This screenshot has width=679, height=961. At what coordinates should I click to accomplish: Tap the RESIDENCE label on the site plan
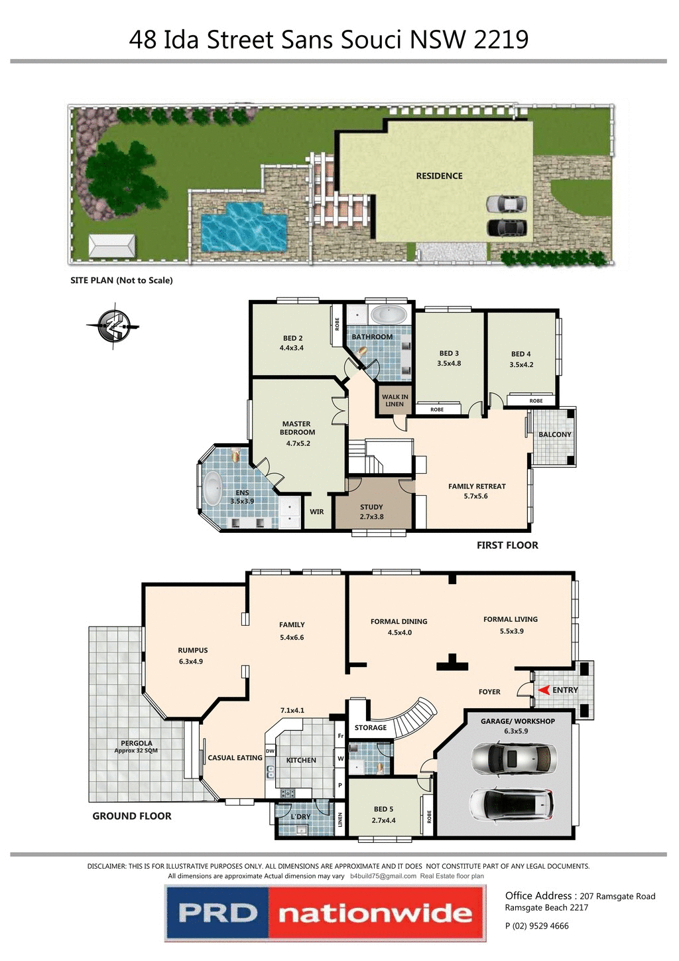pos(439,176)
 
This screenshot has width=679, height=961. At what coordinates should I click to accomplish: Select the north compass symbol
pos(113,325)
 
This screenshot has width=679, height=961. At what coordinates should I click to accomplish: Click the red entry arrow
pos(544,690)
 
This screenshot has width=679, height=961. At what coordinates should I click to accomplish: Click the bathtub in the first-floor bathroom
pos(389,315)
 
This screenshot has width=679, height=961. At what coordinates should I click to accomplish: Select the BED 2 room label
pos(292,338)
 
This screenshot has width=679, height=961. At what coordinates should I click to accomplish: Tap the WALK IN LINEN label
pos(395,400)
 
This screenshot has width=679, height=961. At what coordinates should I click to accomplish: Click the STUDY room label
pos(371,507)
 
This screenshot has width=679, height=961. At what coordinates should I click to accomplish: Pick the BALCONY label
pos(554,435)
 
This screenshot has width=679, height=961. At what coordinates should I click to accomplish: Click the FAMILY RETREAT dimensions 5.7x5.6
pos(475,496)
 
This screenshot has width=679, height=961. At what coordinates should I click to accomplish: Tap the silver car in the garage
pos(514,759)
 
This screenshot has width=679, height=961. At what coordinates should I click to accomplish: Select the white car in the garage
pos(511,804)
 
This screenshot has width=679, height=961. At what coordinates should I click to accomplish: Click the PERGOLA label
pos(137,743)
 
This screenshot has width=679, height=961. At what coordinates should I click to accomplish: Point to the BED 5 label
pos(383,809)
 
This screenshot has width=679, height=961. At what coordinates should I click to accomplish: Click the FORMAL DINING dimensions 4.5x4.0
pos(399,632)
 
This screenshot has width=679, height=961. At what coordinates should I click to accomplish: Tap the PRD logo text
pos(217,913)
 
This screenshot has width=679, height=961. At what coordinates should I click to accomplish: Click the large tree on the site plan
pos(117,177)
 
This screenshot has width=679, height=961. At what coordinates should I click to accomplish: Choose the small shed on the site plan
pos(112,246)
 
